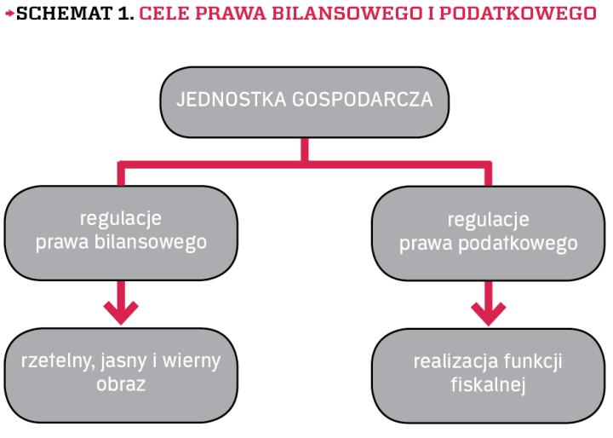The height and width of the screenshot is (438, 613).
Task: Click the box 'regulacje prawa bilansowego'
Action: pyautogui.click(x=121, y=230)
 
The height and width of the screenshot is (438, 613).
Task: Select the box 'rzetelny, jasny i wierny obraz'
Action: pyautogui.click(x=121, y=373)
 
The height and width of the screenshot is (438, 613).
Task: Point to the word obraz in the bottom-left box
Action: pyautogui.click(x=121, y=384)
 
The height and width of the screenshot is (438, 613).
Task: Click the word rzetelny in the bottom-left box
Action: pyautogui.click(x=53, y=360)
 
